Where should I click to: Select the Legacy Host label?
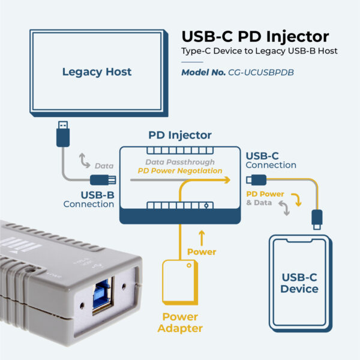click(97, 72)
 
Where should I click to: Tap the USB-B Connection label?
click(89, 199)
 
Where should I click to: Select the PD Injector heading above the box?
click(180, 135)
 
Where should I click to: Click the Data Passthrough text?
click(180, 162)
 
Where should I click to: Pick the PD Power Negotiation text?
click(180, 171)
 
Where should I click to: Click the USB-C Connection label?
click(271, 160)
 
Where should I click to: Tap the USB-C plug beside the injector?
click(255, 179)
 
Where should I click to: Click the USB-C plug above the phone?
click(316, 218)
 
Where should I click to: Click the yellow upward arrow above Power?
click(202, 236)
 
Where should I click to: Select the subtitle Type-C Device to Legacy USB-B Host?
click(260, 52)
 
